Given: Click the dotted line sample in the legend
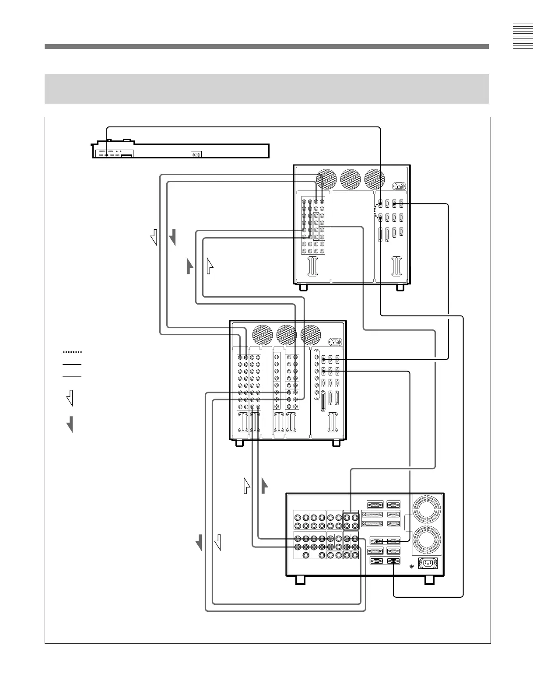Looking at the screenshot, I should tap(72, 352).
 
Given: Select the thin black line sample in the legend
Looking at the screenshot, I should tap(72, 364).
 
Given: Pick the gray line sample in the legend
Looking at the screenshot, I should tap(72, 376).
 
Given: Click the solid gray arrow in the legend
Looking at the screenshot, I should tap(70, 424).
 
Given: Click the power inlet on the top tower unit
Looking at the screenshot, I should tap(399, 186).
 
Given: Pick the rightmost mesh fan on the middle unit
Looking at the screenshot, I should tap(311, 335).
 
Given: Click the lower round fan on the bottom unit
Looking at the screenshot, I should tap(427, 539).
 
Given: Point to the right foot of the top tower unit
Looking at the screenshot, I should tap(400, 288).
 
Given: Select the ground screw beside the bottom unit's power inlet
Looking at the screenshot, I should tap(411, 567).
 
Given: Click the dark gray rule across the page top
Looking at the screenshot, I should tap(266, 46).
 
